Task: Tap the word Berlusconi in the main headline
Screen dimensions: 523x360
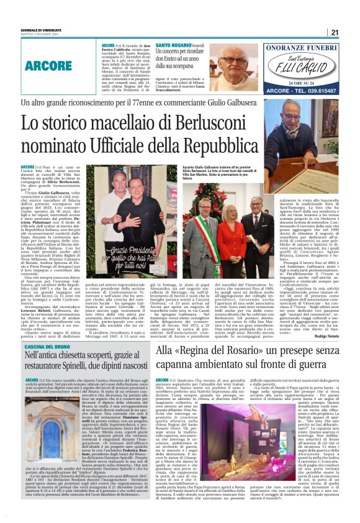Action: click(x=178, y=124)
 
